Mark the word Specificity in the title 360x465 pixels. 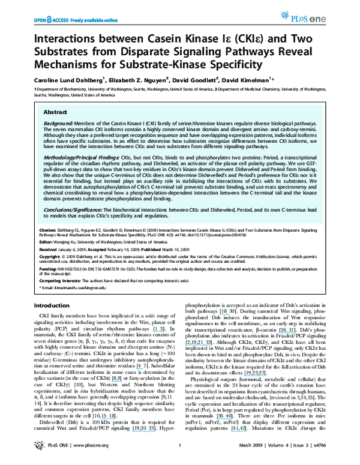[238, 62]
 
